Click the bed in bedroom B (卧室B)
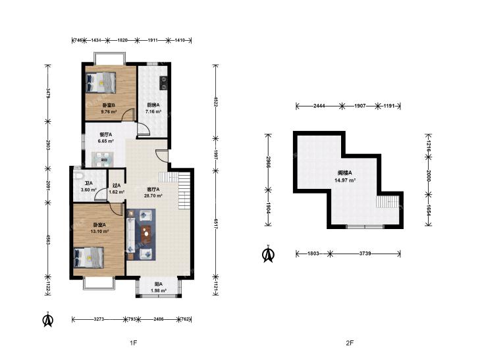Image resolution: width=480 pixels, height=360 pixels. [101, 82]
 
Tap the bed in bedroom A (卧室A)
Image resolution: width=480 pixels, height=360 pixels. [89, 257]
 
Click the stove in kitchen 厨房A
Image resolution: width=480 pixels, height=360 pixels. [164, 83]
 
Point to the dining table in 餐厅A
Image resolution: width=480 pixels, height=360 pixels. [103, 159]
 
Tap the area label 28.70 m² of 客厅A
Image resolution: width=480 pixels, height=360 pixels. [153, 195]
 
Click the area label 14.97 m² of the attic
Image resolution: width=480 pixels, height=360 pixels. [345, 180]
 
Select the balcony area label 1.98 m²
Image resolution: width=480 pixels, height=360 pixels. [158, 291]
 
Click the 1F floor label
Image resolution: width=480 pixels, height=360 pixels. [134, 343]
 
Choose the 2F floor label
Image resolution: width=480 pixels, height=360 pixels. [350, 343]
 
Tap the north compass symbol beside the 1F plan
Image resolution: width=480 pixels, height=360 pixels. [48, 319]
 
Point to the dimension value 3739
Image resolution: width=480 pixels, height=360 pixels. [365, 253]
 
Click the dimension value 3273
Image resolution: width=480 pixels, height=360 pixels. [99, 319]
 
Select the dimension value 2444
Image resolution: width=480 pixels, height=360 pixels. [319, 106]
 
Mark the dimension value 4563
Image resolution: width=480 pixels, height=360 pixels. [48, 238]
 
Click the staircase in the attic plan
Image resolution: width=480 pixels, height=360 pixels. [388, 202]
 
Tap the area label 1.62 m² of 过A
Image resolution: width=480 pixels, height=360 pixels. [117, 192]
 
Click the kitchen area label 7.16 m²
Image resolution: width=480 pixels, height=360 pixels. [153, 112]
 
